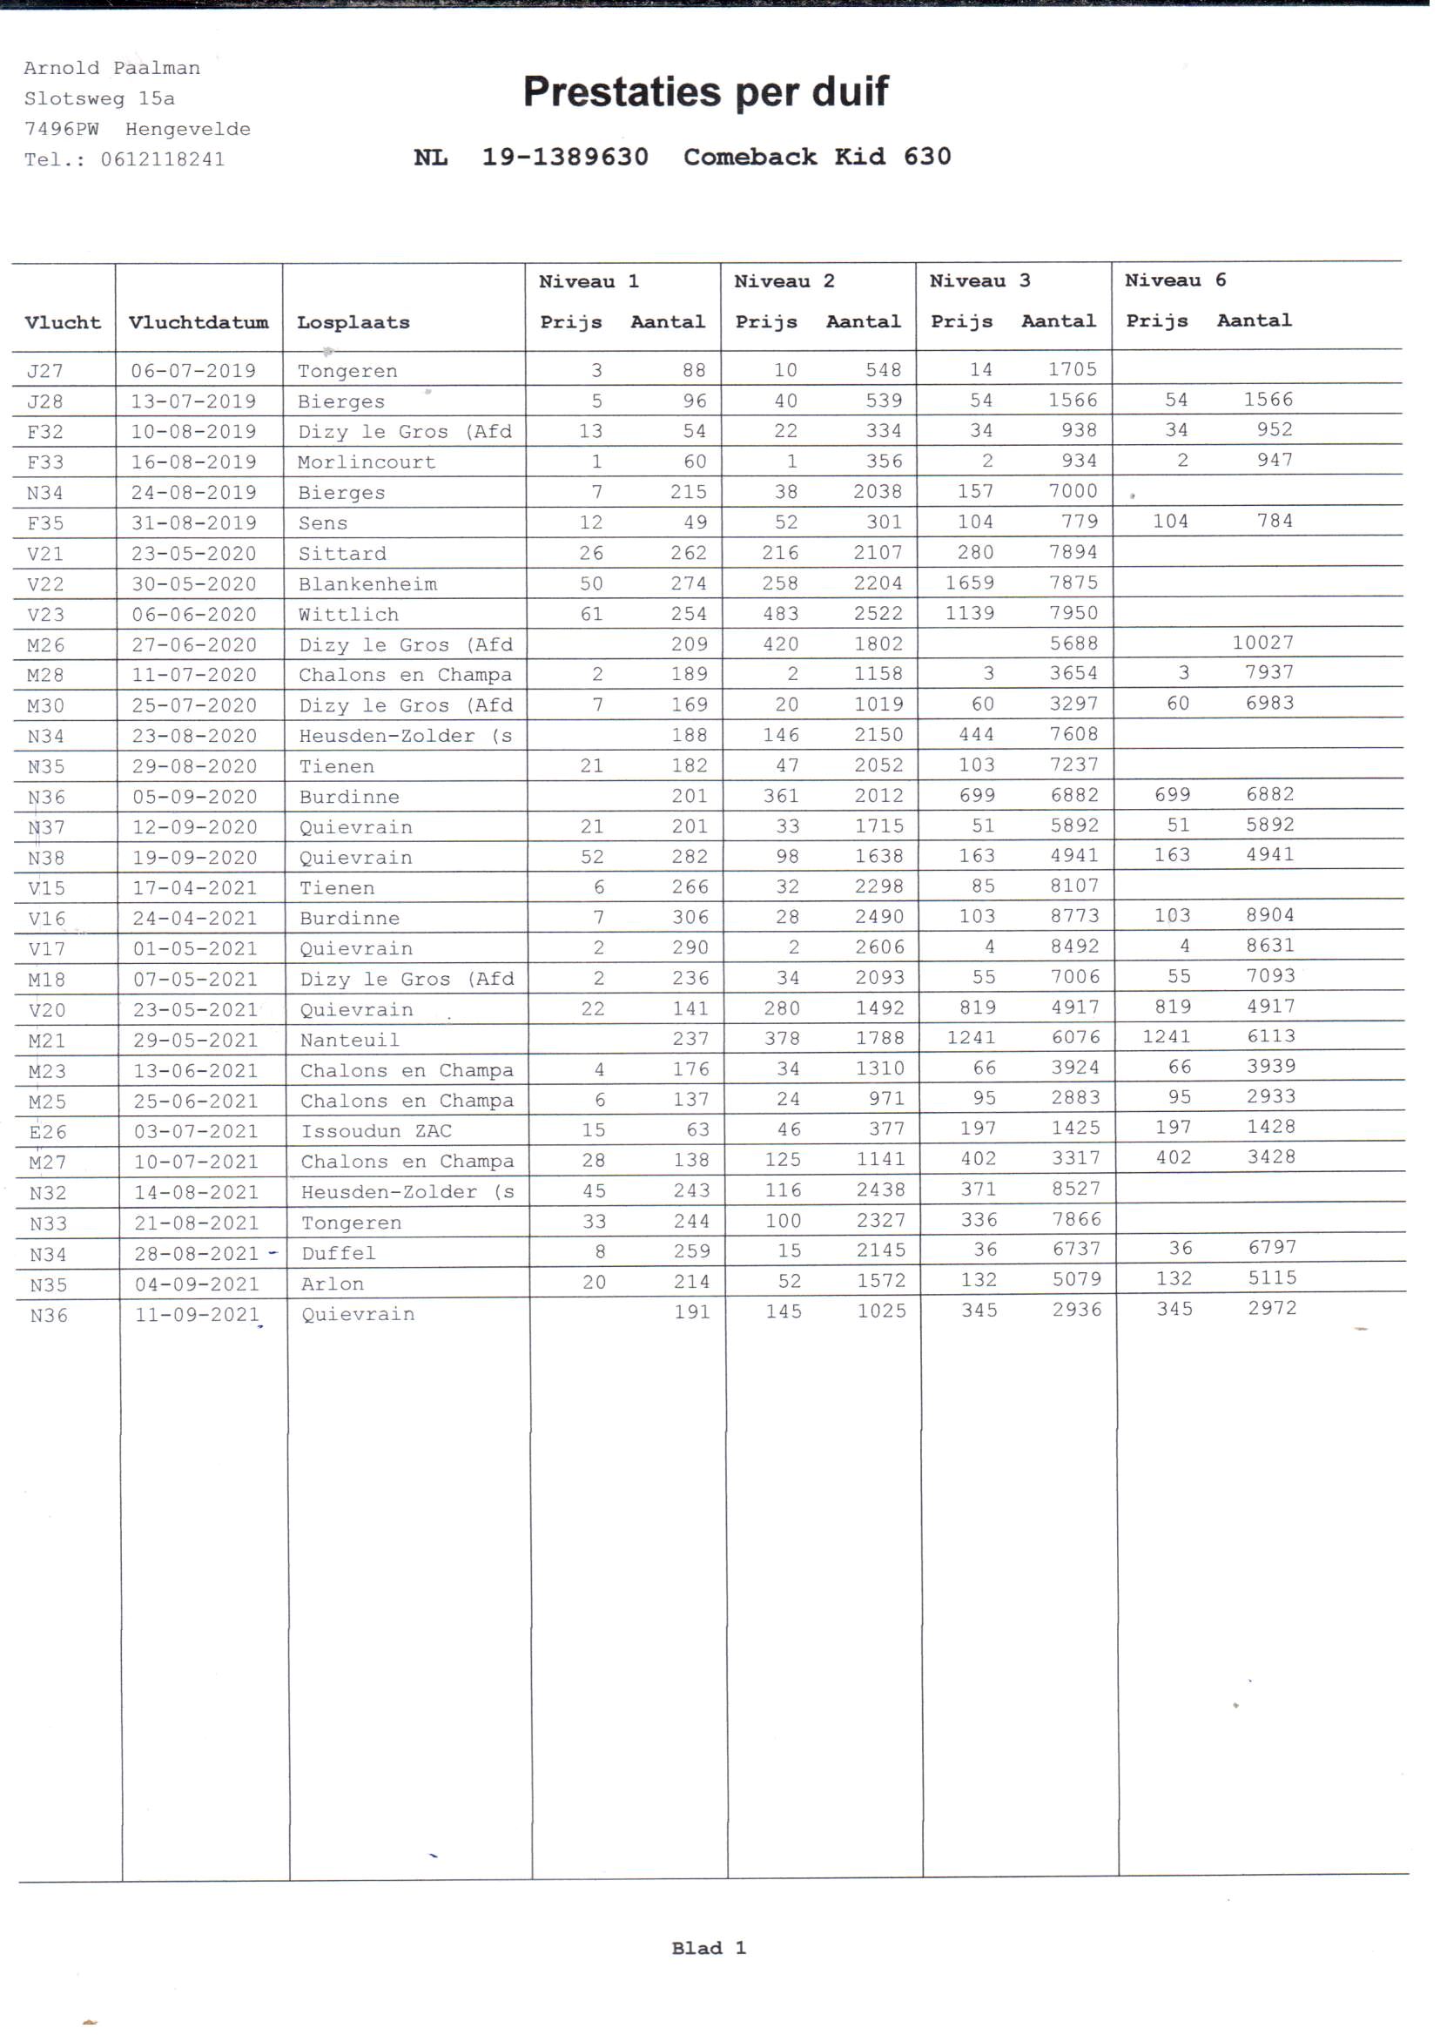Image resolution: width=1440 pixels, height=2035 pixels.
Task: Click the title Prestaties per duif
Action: (x=705, y=91)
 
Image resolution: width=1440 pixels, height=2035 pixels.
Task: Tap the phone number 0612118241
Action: (x=162, y=159)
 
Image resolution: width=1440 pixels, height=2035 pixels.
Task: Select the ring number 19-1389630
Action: (x=565, y=157)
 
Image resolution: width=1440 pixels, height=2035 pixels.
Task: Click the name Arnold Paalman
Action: (x=111, y=68)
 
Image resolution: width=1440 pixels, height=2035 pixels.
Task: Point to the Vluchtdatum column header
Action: (x=198, y=323)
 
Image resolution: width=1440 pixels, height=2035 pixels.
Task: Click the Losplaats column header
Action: (x=353, y=323)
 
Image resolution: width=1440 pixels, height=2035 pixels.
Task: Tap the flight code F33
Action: (x=45, y=462)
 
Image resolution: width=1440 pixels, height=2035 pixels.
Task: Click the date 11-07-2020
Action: (x=194, y=675)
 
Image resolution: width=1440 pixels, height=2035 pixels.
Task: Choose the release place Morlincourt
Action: (x=367, y=462)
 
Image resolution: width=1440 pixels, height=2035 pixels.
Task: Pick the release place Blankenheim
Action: (x=367, y=583)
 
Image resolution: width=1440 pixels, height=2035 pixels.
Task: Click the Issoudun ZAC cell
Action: (x=376, y=1130)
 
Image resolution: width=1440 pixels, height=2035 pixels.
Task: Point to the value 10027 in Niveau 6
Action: (x=1262, y=642)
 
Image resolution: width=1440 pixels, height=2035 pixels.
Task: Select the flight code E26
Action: (x=48, y=1131)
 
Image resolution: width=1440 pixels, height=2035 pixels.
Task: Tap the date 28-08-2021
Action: (x=196, y=1253)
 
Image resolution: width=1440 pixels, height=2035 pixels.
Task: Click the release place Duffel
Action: (x=338, y=1253)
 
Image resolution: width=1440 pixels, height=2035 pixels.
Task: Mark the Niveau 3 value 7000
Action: (x=1073, y=491)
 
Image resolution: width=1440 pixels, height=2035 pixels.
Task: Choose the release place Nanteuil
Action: (x=349, y=1040)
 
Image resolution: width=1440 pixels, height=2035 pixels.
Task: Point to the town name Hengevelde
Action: (x=188, y=130)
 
